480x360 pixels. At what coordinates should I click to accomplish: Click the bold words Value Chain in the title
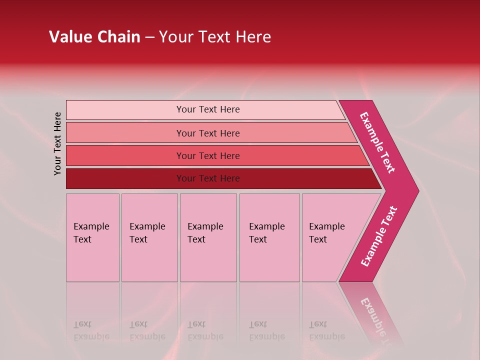(x=94, y=36)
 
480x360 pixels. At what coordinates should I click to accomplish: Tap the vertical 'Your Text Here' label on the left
(x=57, y=143)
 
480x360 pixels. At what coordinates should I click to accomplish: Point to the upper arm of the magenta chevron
(x=377, y=142)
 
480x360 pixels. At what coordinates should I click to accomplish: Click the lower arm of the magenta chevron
(x=378, y=236)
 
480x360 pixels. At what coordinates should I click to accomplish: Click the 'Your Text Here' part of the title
(x=215, y=36)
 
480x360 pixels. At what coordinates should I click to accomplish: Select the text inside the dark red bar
(x=208, y=178)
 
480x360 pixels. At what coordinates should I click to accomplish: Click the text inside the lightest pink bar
(x=208, y=109)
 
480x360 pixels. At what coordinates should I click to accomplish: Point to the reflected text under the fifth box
(x=327, y=330)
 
